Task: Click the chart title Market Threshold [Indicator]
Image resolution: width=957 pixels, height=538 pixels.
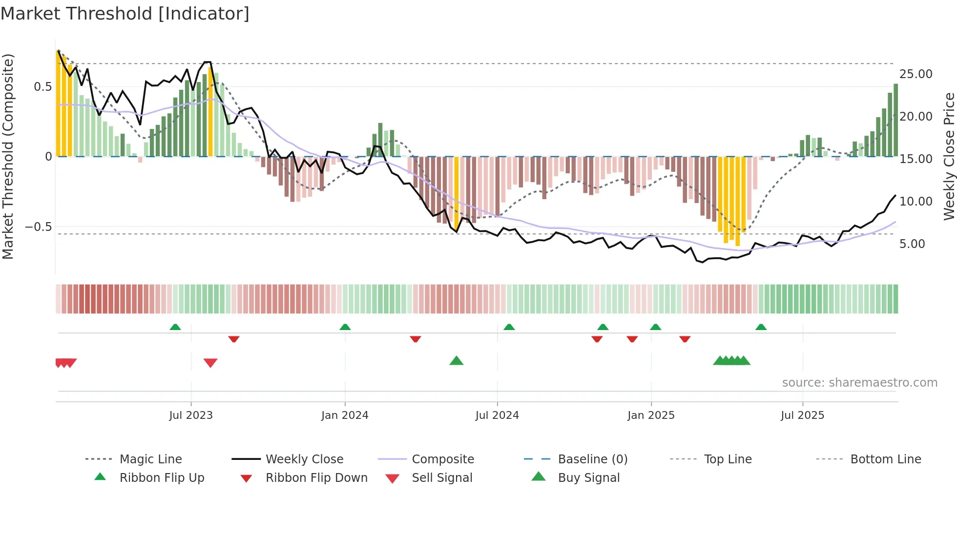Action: [x=125, y=14]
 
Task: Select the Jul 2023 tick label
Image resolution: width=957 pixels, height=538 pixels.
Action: [x=191, y=415]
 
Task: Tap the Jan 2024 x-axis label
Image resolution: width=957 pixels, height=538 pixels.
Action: [x=345, y=415]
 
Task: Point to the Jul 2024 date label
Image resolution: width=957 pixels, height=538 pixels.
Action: [x=497, y=415]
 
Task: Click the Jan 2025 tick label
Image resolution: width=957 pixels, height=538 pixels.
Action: [x=651, y=415]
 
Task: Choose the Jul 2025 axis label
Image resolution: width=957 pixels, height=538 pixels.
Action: [x=802, y=415]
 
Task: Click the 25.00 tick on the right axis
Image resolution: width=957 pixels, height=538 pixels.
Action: [x=916, y=74]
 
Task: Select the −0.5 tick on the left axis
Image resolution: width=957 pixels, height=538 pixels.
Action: [x=38, y=227]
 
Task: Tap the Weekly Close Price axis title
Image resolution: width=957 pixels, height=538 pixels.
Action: [x=949, y=156]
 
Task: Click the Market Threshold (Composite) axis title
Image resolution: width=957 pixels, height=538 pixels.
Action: [x=8, y=156]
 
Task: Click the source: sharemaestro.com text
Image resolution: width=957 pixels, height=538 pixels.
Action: [x=859, y=383]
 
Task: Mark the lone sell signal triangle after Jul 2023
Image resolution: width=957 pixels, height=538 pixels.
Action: [x=210, y=362]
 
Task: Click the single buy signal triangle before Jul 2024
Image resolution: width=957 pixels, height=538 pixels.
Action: [x=457, y=361]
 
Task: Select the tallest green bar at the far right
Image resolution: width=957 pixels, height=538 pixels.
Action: [x=895, y=120]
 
